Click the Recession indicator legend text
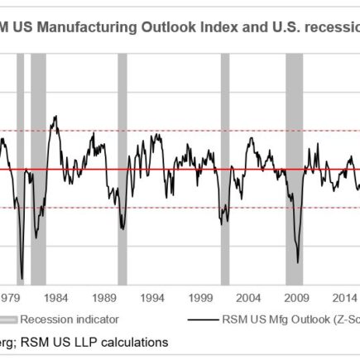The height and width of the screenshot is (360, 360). click(x=70, y=319)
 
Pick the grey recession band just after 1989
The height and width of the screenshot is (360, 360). click(x=122, y=166)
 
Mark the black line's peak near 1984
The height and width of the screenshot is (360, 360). click(x=55, y=116)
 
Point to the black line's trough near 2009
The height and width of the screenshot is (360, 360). click(x=298, y=262)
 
